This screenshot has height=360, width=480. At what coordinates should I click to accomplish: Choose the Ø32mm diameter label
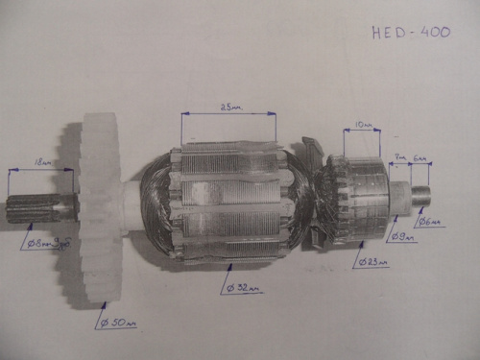pos(242,287)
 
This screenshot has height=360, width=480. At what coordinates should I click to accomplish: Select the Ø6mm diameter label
pos(431,222)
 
